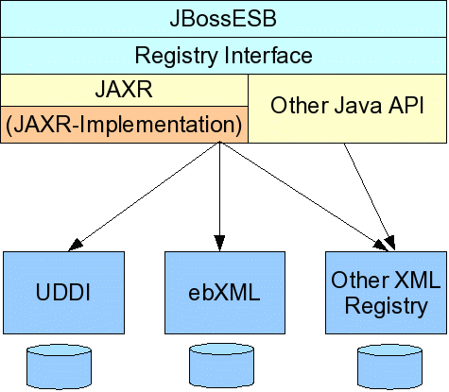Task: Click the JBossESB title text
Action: (x=223, y=19)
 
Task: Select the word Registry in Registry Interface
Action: (x=176, y=56)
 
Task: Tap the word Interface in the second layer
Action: (x=268, y=55)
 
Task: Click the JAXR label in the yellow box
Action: (x=124, y=89)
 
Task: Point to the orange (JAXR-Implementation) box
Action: (x=124, y=125)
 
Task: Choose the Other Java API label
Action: (x=347, y=105)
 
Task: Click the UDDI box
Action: (x=63, y=293)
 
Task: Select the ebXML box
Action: (x=225, y=293)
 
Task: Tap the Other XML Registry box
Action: (x=386, y=293)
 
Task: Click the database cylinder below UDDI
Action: (x=59, y=367)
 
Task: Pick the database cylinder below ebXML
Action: (x=221, y=366)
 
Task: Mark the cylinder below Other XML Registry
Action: (x=389, y=367)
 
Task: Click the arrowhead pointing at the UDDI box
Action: (x=75, y=245)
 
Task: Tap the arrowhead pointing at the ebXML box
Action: (x=219, y=243)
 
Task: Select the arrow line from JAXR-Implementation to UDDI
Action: (x=144, y=196)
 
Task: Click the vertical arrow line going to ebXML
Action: (x=219, y=196)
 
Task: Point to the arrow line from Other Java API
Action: (x=369, y=197)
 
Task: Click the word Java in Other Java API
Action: (x=357, y=105)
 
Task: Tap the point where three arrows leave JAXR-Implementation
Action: (x=219, y=142)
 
